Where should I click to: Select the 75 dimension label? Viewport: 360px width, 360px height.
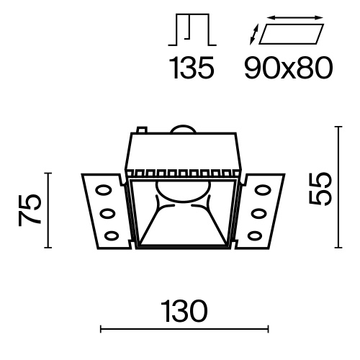point(30,210)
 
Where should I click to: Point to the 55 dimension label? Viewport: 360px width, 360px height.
point(323,189)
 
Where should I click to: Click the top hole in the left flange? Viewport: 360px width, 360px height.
point(104,192)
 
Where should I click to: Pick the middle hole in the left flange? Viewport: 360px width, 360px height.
point(107,213)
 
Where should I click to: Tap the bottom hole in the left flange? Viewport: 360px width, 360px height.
point(111,233)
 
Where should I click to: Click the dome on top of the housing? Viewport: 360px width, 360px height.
point(182,130)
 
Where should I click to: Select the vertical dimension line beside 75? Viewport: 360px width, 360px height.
point(48,210)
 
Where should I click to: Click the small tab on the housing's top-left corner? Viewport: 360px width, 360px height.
point(143,132)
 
